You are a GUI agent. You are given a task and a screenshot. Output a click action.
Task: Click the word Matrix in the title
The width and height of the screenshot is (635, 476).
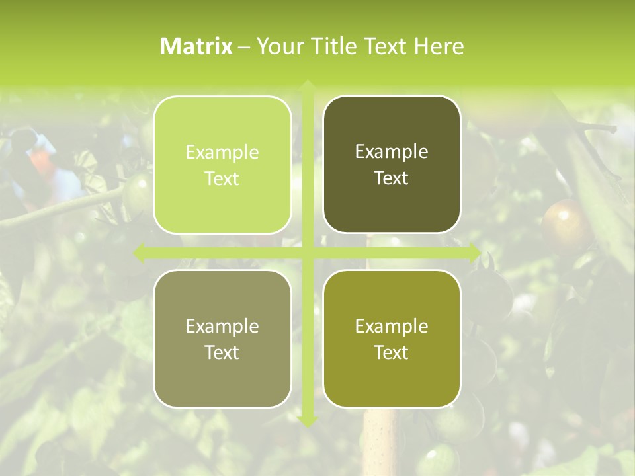196,46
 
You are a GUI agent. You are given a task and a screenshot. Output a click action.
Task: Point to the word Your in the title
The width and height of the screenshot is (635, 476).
278,46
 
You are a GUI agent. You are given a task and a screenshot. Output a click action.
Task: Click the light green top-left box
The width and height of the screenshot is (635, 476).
222,165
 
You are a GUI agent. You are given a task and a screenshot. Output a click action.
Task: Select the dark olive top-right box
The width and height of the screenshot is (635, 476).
392,165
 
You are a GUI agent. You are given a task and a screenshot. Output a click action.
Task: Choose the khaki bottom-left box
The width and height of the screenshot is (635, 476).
222,338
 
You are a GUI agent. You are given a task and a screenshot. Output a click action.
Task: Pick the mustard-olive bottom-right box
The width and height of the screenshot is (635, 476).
392,338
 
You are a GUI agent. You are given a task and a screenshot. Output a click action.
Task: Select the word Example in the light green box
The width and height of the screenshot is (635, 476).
222,153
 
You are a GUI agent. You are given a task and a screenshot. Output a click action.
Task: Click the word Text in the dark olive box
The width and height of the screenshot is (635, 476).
392,178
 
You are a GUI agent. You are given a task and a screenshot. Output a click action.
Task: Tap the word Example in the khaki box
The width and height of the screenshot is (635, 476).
222,326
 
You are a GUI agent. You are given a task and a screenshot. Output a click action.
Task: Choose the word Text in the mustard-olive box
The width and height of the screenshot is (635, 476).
392,352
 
